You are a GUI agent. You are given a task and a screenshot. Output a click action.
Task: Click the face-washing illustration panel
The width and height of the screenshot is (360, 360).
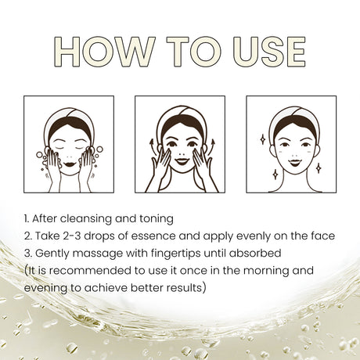click(68, 144)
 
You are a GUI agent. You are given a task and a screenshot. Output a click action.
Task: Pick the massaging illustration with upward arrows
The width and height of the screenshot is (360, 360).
click(179, 144)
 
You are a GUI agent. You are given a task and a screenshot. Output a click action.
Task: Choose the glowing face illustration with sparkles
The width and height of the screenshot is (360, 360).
click(291, 144)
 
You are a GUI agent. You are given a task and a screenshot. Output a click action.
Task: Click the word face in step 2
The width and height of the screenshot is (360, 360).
click(319, 236)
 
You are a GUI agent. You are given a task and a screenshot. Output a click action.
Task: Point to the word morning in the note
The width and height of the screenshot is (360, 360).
click(259, 270)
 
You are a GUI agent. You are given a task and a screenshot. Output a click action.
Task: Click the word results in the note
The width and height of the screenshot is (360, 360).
click(183, 287)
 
